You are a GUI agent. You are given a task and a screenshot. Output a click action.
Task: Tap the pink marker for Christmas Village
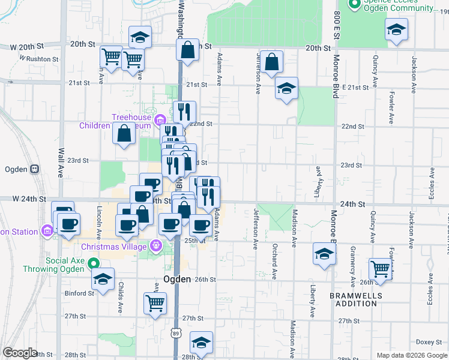tap(156, 245)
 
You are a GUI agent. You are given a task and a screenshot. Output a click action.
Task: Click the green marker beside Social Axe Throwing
tap(93, 263)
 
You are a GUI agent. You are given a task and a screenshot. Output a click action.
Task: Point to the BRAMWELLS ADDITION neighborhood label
tap(354, 299)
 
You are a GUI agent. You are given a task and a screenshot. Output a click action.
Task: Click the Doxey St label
tap(429, 342)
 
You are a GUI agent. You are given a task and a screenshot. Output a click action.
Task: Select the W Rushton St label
tap(39, 59)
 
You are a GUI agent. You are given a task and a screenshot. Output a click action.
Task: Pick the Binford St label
tap(79, 293)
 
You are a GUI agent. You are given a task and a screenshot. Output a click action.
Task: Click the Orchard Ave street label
tap(274, 262)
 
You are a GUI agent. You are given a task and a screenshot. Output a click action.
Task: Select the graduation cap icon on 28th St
tap(201, 343)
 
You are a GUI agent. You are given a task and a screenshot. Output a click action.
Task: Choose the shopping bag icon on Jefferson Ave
tap(272, 62)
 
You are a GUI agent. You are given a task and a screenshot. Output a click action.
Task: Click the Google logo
tap(20, 353)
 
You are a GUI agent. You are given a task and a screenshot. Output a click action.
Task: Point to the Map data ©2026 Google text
tap(411, 355)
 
